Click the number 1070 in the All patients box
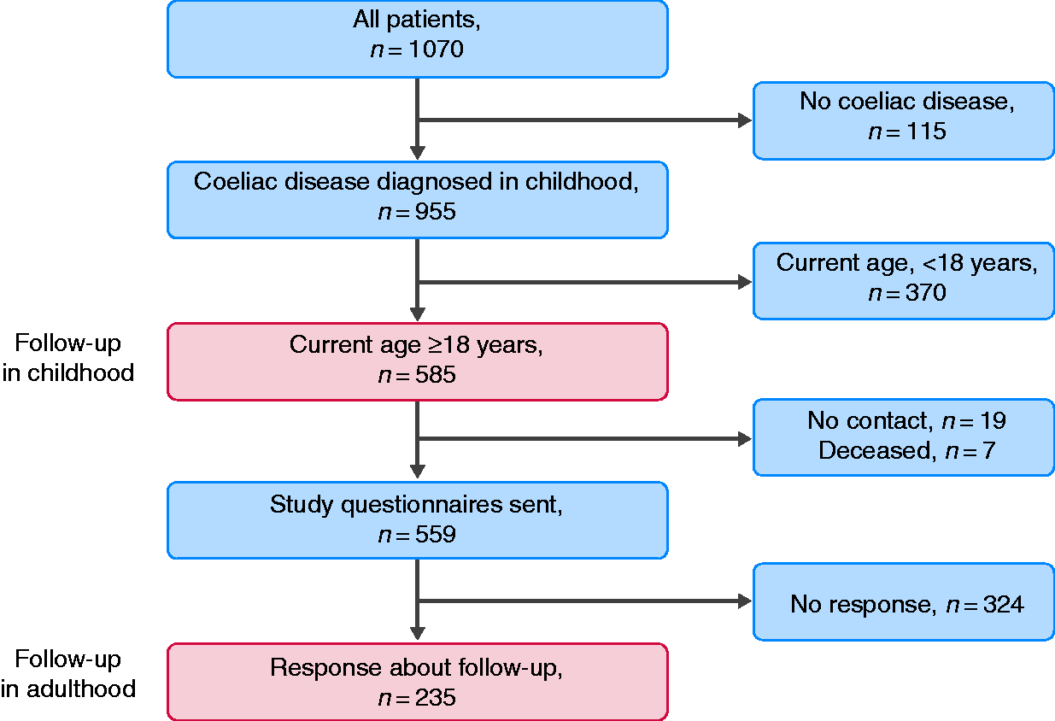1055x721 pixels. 437,50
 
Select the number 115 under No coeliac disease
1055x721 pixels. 926,131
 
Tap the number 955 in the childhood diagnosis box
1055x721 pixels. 436,212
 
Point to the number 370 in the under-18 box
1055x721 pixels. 926,292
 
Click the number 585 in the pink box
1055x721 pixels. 436,375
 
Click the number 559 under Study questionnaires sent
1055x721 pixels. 436,535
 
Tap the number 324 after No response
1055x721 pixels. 1004,604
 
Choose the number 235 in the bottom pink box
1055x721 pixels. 436,697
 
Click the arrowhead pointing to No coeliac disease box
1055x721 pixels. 745,120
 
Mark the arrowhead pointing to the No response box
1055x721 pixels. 745,601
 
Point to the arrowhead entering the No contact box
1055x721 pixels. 745,439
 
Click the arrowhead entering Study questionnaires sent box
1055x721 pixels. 417,472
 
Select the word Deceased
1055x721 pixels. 875,450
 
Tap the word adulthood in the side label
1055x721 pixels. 81,689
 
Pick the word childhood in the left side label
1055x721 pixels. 80,372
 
